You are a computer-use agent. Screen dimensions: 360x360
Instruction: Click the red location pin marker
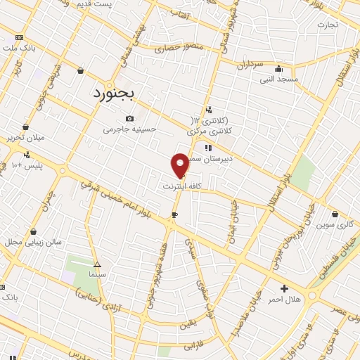pyautogui.click(x=180, y=164)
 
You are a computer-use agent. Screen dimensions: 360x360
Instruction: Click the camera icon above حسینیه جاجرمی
pyautogui.click(x=129, y=118)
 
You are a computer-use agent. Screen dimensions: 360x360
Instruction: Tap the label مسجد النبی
pyautogui.click(x=279, y=79)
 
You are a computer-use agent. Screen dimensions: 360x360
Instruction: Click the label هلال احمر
pyautogui.click(x=284, y=300)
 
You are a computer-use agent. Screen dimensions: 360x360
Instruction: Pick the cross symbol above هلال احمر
pyautogui.click(x=284, y=288)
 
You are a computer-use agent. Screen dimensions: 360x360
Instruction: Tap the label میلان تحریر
pyautogui.click(x=25, y=137)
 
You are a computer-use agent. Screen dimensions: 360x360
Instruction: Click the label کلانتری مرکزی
pyautogui.click(x=210, y=131)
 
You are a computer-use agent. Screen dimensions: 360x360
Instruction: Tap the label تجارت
pyautogui.click(x=327, y=25)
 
